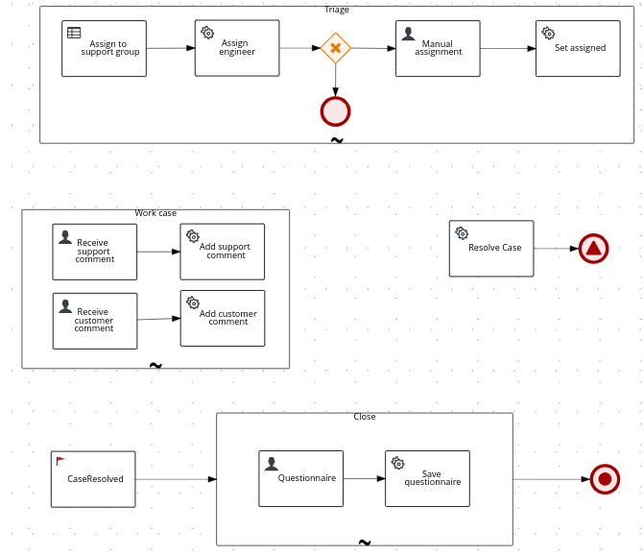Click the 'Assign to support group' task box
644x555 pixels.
(104, 49)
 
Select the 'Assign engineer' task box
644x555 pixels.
(237, 48)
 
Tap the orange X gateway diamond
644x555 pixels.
(335, 48)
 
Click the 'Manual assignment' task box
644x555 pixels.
(438, 49)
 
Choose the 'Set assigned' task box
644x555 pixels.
(579, 49)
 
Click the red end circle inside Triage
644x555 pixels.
(335, 111)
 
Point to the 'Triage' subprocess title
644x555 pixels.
(337, 10)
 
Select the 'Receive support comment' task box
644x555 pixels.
(95, 252)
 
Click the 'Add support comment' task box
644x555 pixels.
(223, 252)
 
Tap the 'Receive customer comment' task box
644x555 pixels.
(95, 321)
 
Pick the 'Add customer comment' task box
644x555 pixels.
(223, 319)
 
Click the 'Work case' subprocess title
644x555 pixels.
(155, 213)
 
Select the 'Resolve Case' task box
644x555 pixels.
(491, 249)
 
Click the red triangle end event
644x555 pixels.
(593, 249)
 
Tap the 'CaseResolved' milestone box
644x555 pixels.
(93, 479)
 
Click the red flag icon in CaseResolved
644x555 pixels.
(61, 461)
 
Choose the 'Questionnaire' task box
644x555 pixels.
(300, 478)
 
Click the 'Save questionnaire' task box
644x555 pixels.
(427, 478)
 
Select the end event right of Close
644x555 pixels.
(605, 479)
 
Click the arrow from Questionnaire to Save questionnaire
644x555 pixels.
(364, 478)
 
